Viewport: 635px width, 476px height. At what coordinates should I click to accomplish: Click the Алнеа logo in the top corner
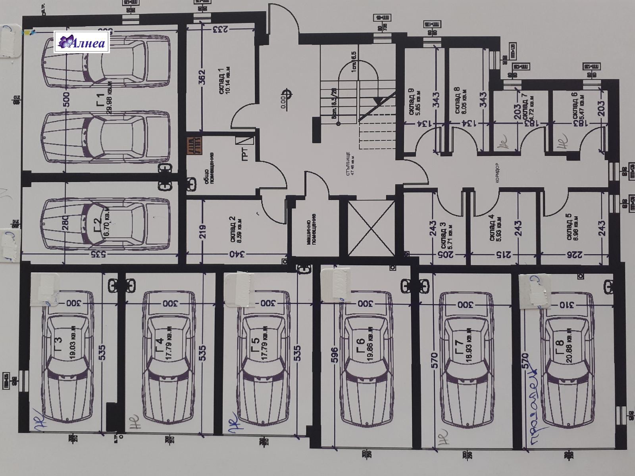82,42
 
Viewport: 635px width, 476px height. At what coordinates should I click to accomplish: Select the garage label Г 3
58,341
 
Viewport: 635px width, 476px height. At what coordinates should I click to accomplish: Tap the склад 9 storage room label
411,101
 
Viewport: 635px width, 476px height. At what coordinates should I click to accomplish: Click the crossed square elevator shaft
371,229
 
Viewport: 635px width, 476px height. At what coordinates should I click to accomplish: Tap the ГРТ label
245,154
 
